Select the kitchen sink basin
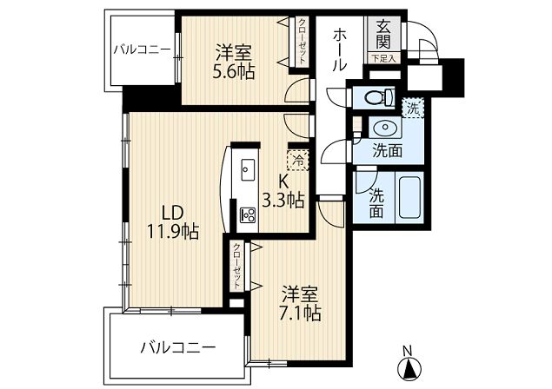coord(248,169)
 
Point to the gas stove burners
coord(248,214)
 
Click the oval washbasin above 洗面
coord(384,128)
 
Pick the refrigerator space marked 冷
coord(298,160)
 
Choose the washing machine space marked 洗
coord(413,108)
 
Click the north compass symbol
coord(409,369)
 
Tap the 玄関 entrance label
coord(382,35)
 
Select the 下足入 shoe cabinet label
coord(383,58)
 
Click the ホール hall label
coord(339,50)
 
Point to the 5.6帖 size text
coord(233,72)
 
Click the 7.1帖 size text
coord(300,313)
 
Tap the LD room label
coord(172,213)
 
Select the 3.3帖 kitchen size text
coord(283,201)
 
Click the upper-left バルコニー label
coord(142,50)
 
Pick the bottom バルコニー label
coord(178,348)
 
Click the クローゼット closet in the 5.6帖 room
coord(302,41)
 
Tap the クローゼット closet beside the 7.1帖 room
coord(237,266)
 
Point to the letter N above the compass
coord(408,351)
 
